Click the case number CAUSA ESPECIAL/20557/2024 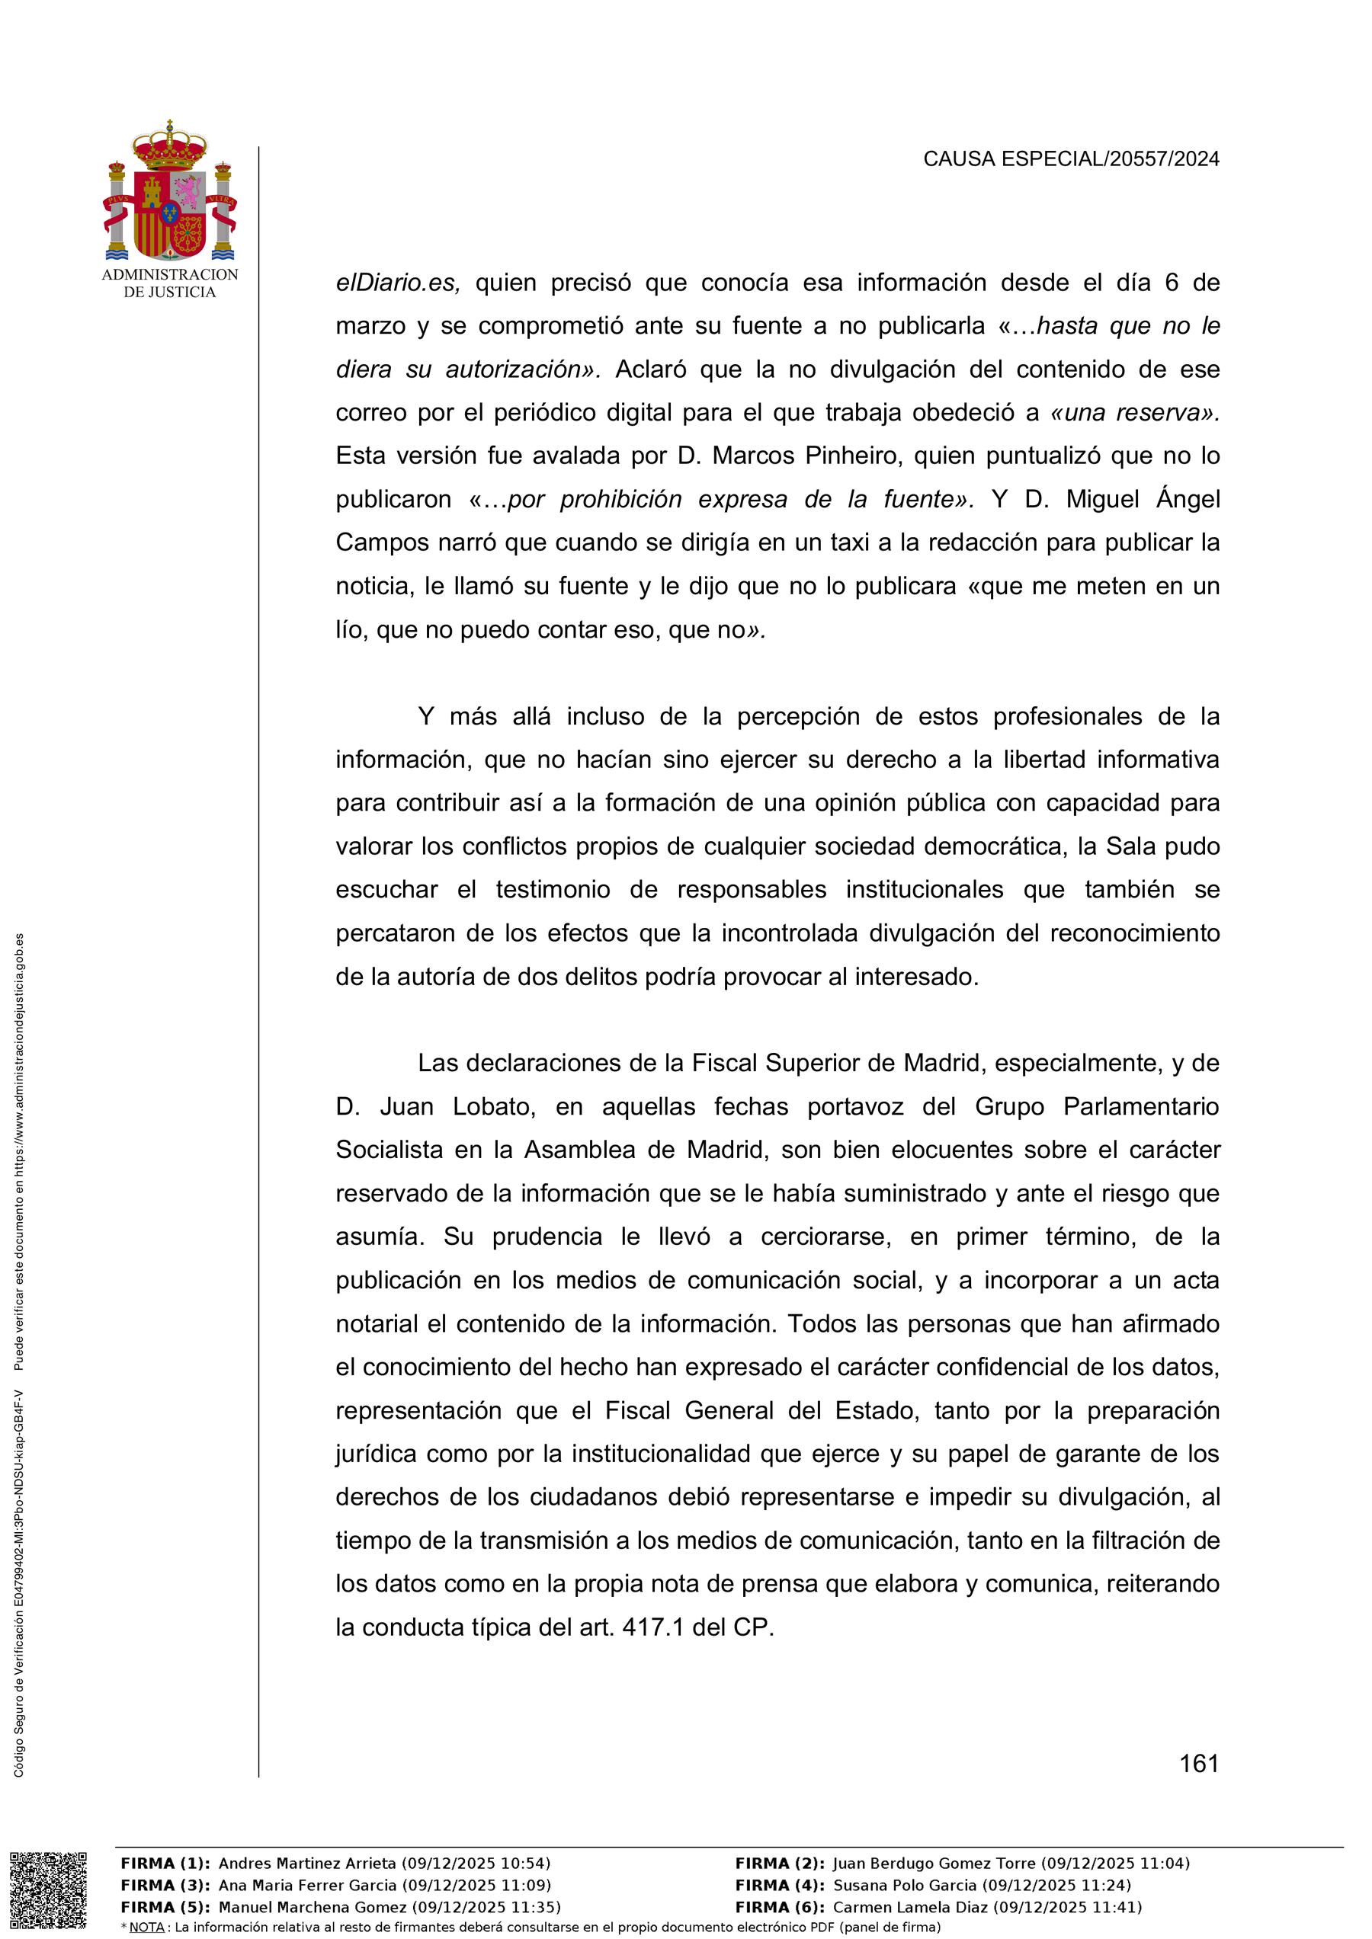(1070, 158)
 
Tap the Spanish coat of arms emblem (170, 192)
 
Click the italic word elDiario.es (398, 283)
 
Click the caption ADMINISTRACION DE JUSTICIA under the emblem (170, 283)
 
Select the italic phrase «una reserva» (1133, 413)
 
